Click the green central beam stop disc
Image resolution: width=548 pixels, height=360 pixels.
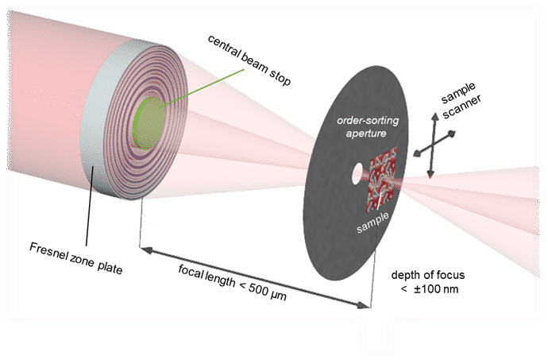coord(149,123)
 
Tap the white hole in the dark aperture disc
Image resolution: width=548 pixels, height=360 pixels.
coord(357,173)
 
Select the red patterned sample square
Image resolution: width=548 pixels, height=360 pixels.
coord(382,179)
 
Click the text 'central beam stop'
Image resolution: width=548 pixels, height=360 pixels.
coord(249,60)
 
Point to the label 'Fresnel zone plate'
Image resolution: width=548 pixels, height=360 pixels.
coord(75,258)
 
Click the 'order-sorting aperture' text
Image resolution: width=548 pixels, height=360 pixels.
coord(367,126)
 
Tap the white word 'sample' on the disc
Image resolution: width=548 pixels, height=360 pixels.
coord(372,223)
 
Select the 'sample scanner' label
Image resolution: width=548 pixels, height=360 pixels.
coord(461,100)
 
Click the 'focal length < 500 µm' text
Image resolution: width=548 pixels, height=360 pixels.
coord(233,282)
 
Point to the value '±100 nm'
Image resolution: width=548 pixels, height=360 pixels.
coord(436,289)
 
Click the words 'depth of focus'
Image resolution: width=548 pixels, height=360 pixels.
coord(428,275)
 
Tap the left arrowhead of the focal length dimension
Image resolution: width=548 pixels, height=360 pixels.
coord(146,250)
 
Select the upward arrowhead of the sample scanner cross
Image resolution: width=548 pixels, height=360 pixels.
coord(434,118)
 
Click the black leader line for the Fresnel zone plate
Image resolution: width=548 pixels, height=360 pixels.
coord(90,206)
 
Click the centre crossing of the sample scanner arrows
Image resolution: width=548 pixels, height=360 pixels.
coord(434,145)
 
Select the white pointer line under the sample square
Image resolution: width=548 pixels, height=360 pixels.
coord(379,203)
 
